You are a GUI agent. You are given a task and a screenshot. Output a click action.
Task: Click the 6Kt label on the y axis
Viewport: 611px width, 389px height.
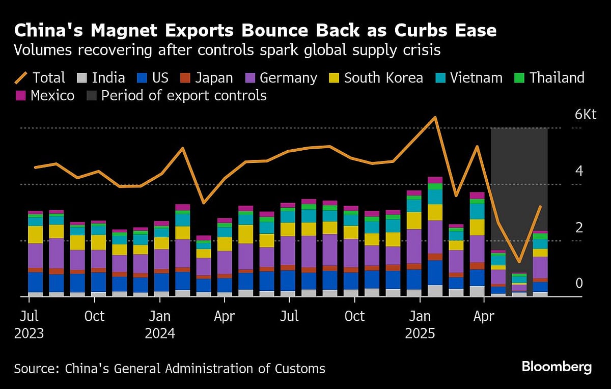585,114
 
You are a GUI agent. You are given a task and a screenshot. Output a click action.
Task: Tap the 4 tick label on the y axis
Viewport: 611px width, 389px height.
579,171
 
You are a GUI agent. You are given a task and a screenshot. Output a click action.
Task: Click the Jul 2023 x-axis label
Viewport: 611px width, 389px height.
29,325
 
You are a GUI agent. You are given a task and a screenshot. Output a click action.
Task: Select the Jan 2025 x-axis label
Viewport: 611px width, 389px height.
420,325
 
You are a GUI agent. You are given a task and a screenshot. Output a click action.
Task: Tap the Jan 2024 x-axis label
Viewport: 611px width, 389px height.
160,325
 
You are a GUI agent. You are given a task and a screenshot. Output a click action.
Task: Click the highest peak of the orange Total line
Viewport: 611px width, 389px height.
435,118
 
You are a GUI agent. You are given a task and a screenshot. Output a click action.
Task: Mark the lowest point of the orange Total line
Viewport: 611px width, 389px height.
519,262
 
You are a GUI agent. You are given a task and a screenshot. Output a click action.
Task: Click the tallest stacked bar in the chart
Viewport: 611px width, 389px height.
435,236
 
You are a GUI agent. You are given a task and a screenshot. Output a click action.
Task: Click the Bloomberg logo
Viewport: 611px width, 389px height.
557,367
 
